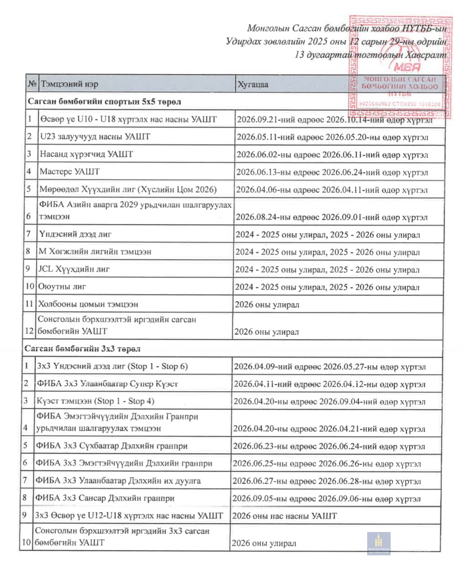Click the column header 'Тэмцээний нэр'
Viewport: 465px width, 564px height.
tap(70, 84)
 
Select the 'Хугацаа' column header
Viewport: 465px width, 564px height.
tap(253, 84)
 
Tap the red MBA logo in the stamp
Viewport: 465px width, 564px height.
tap(407, 67)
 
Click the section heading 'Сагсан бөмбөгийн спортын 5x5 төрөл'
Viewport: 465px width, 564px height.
tap(105, 102)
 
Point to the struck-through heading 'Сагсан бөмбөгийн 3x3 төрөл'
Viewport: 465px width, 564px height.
tap(82, 349)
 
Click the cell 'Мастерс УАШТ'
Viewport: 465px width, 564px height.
tap(70, 172)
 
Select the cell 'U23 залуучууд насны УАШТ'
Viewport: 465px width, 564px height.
tap(95, 137)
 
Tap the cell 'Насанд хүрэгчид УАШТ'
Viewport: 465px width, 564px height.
tap(86, 154)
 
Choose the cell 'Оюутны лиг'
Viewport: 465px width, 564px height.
tap(62, 287)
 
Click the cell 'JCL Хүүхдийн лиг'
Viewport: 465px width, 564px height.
tap(74, 269)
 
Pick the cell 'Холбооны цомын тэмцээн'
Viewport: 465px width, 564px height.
tap(88, 304)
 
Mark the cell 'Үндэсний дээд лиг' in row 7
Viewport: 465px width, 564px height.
tap(75, 234)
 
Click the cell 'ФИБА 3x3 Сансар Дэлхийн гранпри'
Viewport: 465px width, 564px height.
tap(105, 498)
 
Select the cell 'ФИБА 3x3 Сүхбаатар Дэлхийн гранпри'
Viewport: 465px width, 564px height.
tap(112, 446)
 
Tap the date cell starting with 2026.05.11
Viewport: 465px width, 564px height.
tap(332, 137)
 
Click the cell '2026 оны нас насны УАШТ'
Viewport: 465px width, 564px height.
tap(284, 516)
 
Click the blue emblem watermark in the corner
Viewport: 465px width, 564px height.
tap(379, 543)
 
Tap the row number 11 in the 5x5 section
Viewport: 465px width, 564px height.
tap(29, 304)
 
